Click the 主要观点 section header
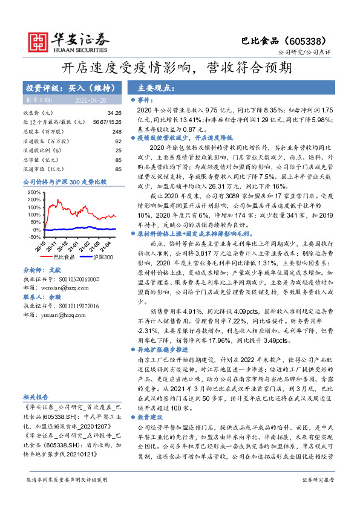click(x=156, y=87)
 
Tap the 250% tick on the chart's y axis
click(x=34, y=192)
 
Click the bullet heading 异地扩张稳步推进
click(x=159, y=350)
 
